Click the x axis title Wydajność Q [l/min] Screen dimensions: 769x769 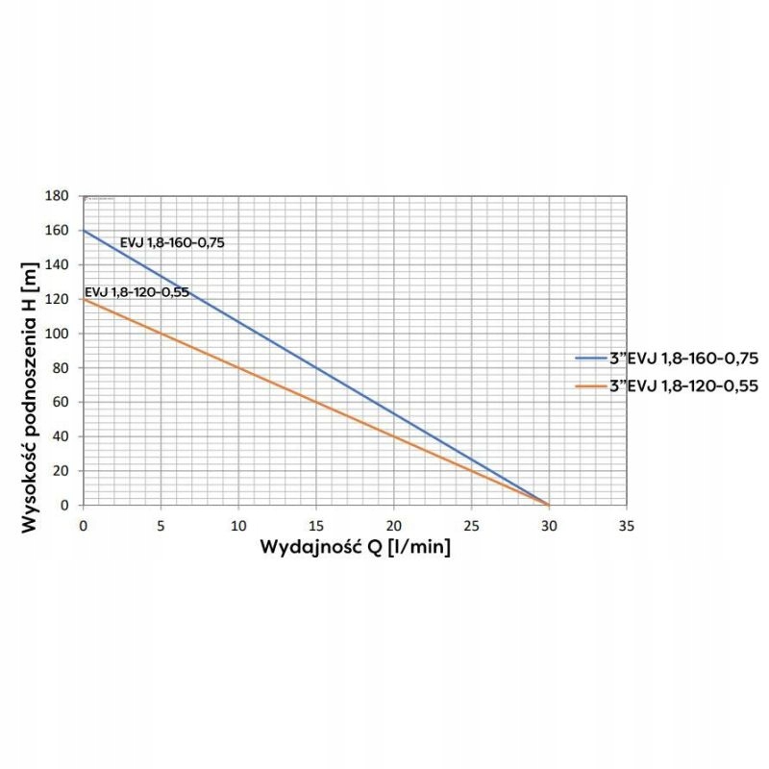pyautogui.click(x=355, y=548)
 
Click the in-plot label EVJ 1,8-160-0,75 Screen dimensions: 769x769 pyautogui.click(x=172, y=243)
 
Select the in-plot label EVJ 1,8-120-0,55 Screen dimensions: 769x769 pyautogui.click(x=136, y=292)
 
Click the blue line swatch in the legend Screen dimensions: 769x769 pyautogui.click(x=593, y=359)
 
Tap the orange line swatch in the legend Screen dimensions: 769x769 pyautogui.click(x=593, y=384)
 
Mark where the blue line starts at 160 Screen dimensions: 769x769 pyautogui.click(x=84, y=231)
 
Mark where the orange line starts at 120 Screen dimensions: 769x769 pyautogui.click(x=84, y=300)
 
